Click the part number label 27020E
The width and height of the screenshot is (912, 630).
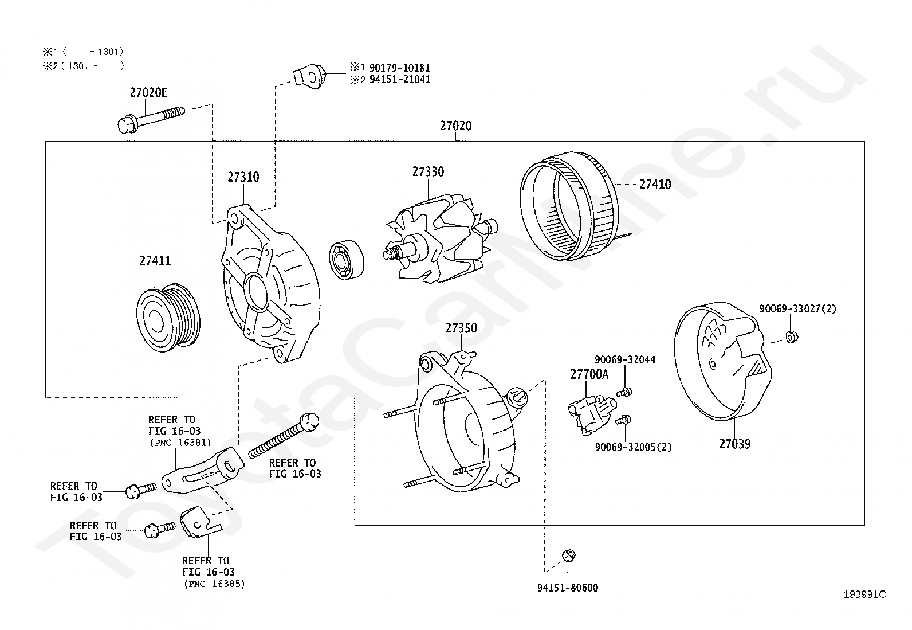148,92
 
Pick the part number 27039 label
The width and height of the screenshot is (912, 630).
734,444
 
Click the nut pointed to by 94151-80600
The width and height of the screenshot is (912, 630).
568,555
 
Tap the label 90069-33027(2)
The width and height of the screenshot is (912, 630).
797,308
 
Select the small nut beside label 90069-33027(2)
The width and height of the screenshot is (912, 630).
791,336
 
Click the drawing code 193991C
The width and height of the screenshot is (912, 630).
864,594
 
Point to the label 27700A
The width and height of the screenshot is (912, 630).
589,375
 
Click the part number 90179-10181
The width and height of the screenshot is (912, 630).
400,68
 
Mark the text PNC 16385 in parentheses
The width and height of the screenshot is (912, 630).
214,584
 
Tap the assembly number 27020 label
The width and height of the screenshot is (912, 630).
456,126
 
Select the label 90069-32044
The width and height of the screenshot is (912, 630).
625,359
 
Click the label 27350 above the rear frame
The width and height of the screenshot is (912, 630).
461,328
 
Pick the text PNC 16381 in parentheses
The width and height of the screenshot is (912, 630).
180,442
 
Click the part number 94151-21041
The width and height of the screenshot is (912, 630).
400,79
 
